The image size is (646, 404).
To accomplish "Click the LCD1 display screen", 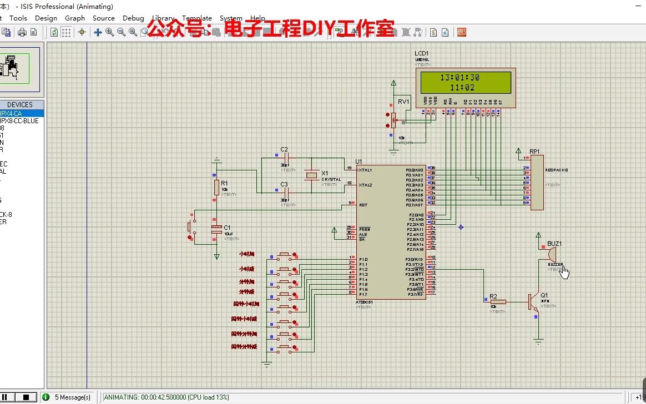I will pyautogui.click(x=465, y=83).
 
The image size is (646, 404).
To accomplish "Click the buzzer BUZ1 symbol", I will pyautogui.click(x=551, y=255).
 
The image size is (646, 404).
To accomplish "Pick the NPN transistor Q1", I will pyautogui.click(x=534, y=302).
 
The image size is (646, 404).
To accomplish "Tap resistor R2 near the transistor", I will pyautogui.click(x=498, y=302).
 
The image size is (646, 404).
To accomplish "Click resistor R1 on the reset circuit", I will pyautogui.click(x=216, y=188).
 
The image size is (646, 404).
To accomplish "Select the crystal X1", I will pyautogui.click(x=312, y=176).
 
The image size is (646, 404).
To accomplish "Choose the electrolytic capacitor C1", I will pyautogui.click(x=216, y=232).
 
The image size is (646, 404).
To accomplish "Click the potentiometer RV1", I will pyautogui.click(x=393, y=119).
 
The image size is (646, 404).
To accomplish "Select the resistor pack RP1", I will pyautogui.click(x=537, y=183).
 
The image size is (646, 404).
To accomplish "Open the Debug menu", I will pyautogui.click(x=133, y=18).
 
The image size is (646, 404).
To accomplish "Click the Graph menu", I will pyautogui.click(x=75, y=18).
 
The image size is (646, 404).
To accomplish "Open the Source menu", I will pyautogui.click(x=104, y=18).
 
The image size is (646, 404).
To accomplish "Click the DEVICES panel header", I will pyautogui.click(x=20, y=104).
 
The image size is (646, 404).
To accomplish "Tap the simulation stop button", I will pyautogui.click(x=26, y=397).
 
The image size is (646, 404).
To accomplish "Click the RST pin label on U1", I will pyautogui.click(x=364, y=205).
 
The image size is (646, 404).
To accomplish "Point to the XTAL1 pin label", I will pyautogui.click(x=365, y=170).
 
